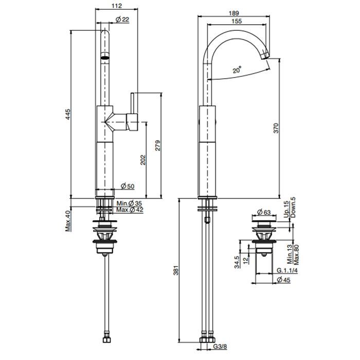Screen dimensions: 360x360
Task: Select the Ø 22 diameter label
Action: [x=122, y=19]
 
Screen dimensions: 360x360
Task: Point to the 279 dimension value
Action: [x=157, y=146]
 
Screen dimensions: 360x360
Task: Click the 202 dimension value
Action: [x=143, y=159]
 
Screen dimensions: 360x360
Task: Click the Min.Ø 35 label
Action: [x=128, y=204]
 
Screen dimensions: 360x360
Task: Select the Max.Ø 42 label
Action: [x=129, y=210]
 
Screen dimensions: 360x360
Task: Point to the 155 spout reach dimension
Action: [x=237, y=22]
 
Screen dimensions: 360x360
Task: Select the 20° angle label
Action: [x=236, y=71]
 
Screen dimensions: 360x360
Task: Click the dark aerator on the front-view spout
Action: [x=104, y=58]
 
